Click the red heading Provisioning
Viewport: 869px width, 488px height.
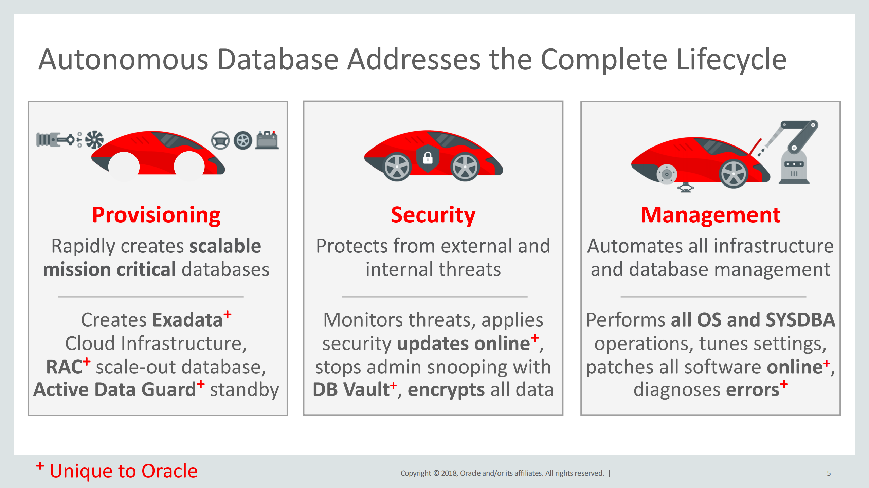(156, 215)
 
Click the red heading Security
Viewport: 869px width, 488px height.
(433, 215)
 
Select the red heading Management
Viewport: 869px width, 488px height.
(710, 215)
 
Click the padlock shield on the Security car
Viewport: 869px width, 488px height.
(428, 158)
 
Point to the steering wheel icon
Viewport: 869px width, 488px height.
(220, 140)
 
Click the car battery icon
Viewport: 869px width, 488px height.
(267, 140)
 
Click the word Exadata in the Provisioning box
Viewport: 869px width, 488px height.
(187, 320)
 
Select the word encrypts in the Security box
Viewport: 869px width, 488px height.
(446, 390)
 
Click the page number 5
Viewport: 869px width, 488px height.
(829, 473)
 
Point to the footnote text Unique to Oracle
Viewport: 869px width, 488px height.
(123, 471)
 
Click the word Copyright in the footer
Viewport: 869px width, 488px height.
(415, 473)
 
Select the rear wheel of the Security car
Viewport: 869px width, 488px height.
(397, 167)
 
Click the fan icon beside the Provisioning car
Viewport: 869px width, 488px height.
(94, 139)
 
